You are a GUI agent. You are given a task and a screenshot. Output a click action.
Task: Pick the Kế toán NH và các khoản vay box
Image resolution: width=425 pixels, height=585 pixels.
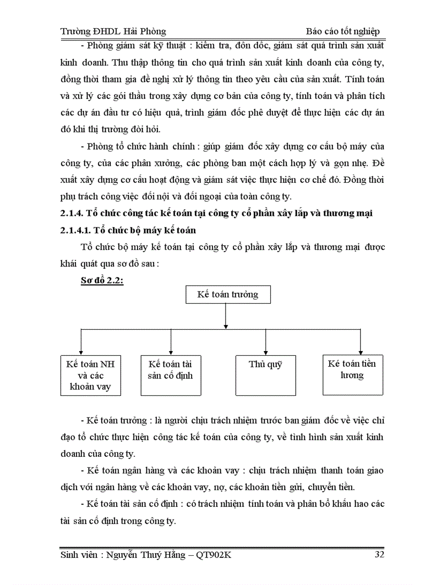coord(90,375)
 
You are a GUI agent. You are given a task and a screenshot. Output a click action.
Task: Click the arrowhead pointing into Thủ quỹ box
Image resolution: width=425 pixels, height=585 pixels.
coord(266,352)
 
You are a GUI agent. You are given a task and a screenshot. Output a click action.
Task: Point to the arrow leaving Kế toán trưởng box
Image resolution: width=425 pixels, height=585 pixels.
coord(226,315)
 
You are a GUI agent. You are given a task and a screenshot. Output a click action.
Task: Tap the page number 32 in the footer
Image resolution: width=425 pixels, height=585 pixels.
coord(379,555)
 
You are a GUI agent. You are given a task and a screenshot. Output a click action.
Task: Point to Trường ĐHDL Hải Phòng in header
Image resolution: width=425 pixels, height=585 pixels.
coord(113,31)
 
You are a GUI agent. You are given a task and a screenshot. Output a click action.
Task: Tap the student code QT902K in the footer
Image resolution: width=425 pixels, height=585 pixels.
coord(214,555)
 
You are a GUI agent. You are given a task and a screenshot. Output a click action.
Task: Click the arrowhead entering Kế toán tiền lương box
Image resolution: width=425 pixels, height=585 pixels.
coord(360,352)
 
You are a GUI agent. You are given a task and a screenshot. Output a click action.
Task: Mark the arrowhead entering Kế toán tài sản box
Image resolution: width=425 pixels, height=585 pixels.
coord(171,352)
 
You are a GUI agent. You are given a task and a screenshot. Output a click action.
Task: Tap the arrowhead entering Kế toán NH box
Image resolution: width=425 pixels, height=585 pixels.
coord(81,352)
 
